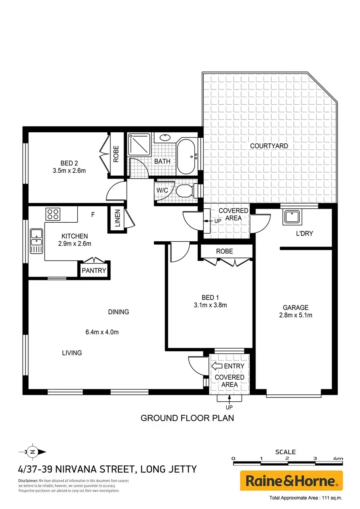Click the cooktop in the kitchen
53,214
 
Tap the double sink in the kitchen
37,241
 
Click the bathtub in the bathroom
186,157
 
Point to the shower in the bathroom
139,145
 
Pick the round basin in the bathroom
165,137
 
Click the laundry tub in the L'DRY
292,218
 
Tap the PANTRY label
94,271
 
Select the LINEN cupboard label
117,218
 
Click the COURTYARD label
269,146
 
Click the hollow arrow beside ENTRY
217,366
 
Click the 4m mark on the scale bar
338,459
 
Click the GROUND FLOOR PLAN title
187,418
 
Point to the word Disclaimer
28,481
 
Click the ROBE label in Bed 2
116,154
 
